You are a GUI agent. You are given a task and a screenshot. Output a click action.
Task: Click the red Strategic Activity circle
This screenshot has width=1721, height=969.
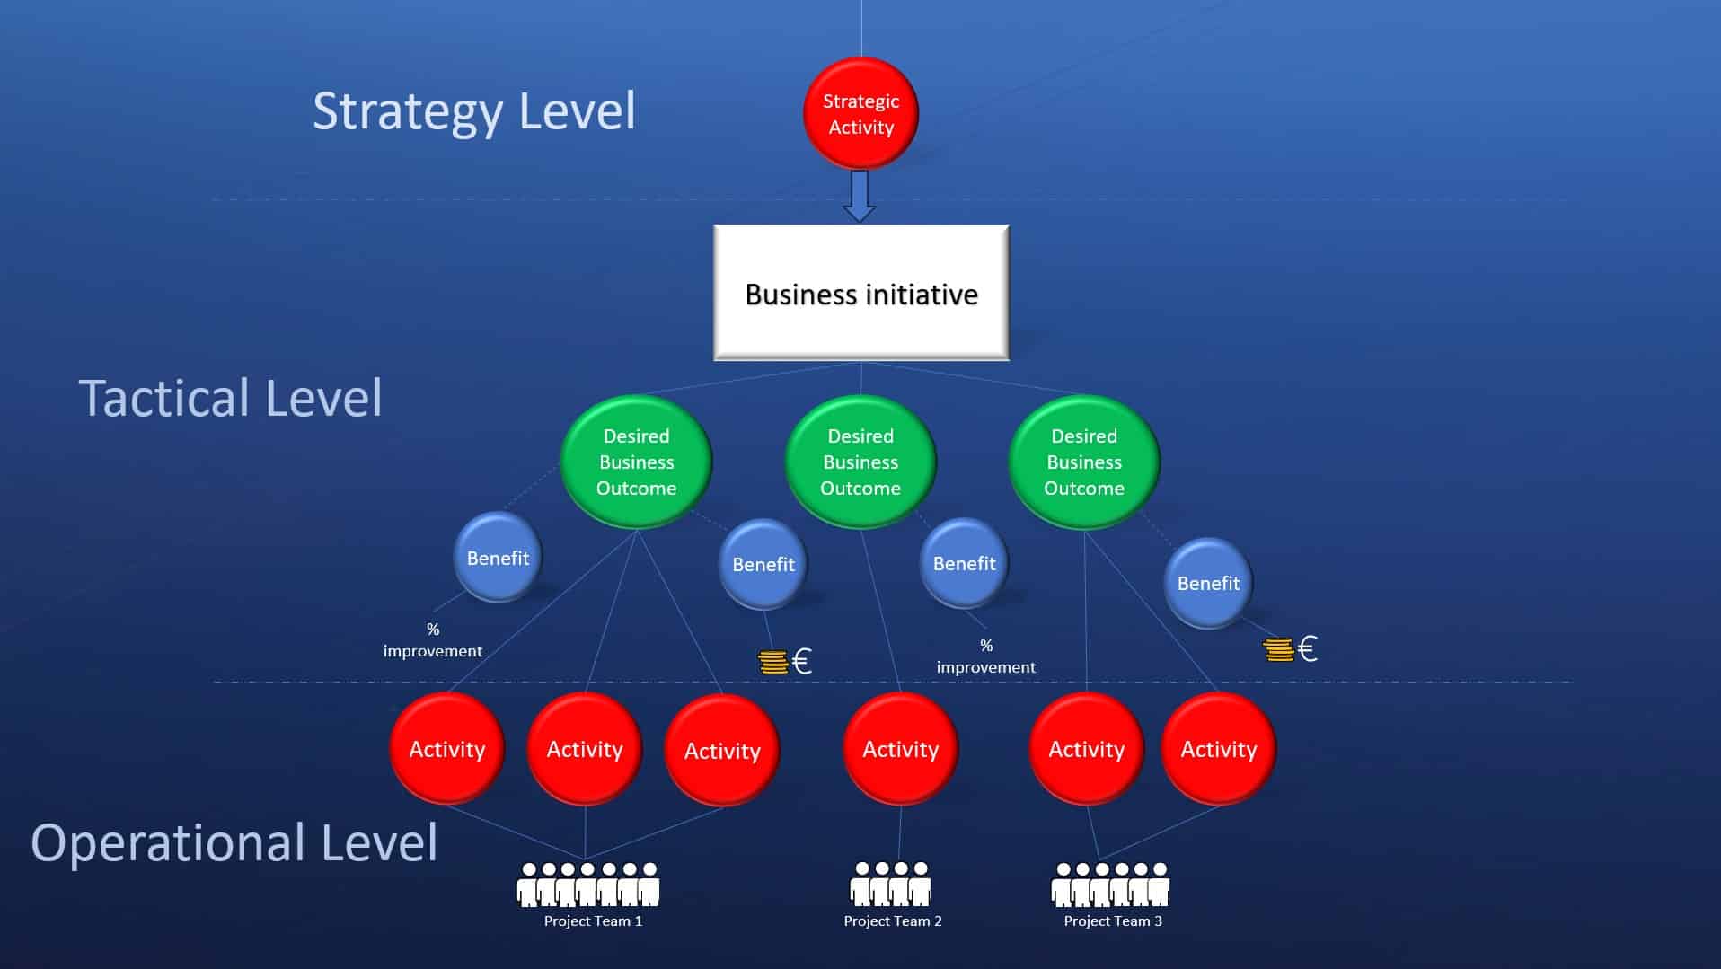[860, 114]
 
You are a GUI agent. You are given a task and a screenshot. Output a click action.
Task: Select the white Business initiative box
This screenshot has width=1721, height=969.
[860, 293]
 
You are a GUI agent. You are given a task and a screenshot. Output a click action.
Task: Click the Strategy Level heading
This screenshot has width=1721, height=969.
[473, 111]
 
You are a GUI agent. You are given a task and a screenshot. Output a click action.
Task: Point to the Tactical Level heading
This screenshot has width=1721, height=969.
[230, 398]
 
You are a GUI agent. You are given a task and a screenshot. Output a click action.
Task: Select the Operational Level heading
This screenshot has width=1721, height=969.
[234, 842]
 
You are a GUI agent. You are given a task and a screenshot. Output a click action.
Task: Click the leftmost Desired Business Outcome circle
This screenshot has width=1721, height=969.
[636, 462]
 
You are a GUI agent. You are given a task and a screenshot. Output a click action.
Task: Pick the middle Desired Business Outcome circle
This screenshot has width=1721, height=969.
[860, 462]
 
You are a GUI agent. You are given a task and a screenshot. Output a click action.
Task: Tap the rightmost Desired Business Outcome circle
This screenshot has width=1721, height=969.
[1083, 462]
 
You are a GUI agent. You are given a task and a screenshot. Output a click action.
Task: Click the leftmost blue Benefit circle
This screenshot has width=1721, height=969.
[498, 558]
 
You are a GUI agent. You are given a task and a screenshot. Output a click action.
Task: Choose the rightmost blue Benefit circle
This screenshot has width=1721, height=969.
[1208, 583]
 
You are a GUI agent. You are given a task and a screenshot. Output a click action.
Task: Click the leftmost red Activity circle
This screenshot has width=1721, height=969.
[446, 749]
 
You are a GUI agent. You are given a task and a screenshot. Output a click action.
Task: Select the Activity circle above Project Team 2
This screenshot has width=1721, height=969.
[900, 749]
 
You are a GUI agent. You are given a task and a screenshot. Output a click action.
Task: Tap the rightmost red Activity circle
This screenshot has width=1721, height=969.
[1218, 749]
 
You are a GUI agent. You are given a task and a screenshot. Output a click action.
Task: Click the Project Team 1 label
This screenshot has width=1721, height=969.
[593, 921]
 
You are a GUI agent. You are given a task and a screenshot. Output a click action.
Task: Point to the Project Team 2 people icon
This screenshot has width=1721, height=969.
[890, 884]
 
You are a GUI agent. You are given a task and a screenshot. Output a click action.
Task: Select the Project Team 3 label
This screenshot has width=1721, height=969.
[1113, 921]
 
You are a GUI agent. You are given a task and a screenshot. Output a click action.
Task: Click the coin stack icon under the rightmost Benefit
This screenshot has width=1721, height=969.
[1277, 648]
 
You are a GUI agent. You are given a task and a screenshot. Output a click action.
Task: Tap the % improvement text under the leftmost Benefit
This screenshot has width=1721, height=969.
[433, 640]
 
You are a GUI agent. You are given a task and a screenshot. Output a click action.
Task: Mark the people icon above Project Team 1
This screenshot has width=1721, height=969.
[588, 884]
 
